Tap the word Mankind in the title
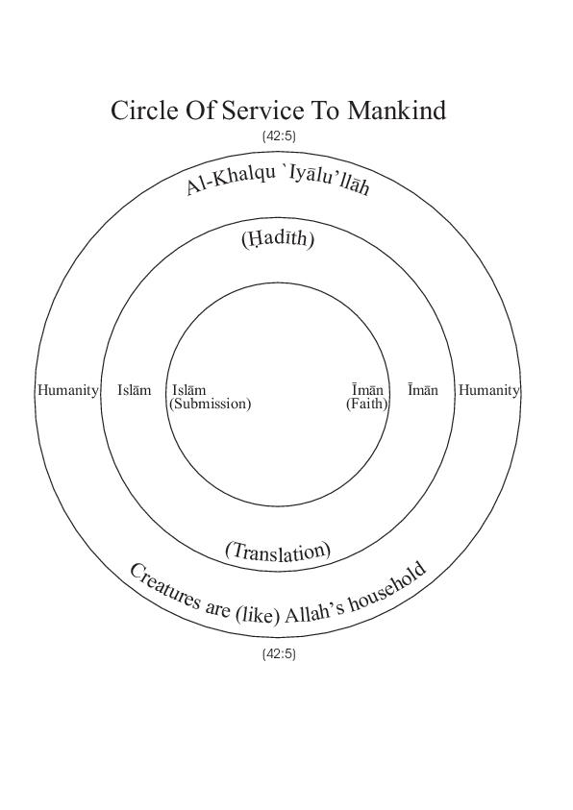396,110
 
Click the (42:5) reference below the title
279,136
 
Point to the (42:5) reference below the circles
279,654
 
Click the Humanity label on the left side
67,390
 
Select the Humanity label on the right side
488,390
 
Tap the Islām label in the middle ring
135,390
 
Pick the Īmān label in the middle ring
423,390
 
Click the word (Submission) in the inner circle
210,404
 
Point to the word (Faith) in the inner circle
367,404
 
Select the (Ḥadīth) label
278,239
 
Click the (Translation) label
278,552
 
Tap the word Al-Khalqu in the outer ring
231,181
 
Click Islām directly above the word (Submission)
188,390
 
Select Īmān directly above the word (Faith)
368,390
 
